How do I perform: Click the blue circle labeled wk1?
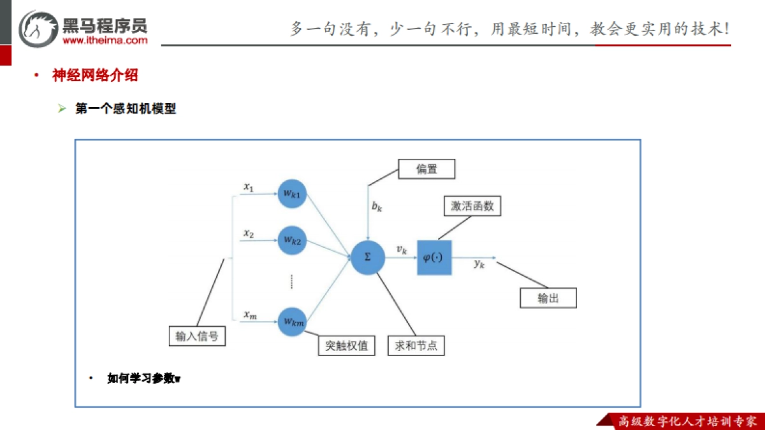[292, 194]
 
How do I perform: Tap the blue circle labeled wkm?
[292, 322]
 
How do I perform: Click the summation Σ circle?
[367, 257]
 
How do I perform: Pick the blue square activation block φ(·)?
[434, 257]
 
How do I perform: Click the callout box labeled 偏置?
[426, 169]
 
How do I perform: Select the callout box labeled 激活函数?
[472, 206]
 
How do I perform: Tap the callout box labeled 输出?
[548, 298]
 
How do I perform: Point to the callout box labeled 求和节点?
[416, 345]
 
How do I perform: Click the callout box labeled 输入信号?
[197, 336]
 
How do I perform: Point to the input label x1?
[248, 187]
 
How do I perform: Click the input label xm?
[249, 315]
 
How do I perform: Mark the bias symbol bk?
[377, 206]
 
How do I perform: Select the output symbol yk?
[479, 264]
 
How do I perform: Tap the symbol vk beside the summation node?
[401, 250]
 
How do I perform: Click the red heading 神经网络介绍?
[95, 75]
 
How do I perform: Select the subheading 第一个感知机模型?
[126, 109]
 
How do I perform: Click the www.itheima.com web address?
[105, 39]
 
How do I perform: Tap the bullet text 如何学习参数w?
[144, 378]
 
